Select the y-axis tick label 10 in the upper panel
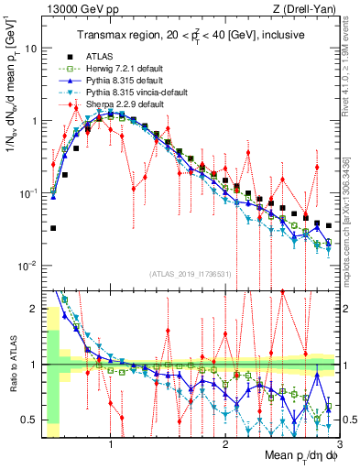33,47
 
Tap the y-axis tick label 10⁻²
30,266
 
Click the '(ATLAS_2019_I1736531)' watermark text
189,274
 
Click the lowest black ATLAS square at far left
53,228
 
